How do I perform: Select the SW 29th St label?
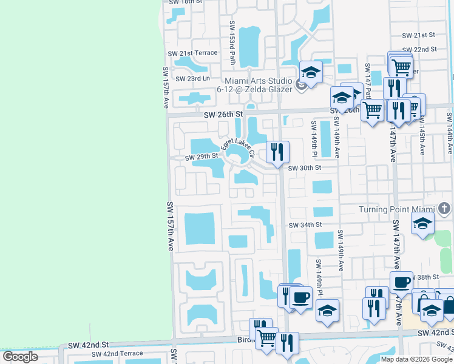pyautogui.click(x=202, y=157)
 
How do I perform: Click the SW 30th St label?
pyautogui.click(x=303, y=168)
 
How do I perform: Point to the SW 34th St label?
pyautogui.click(x=305, y=225)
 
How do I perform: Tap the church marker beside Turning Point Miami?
pyautogui.click(x=444, y=209)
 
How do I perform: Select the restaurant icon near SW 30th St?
pyautogui.click(x=278, y=150)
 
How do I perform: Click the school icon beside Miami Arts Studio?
pyautogui.click(x=311, y=73)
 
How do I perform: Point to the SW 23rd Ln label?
pyautogui.click(x=192, y=79)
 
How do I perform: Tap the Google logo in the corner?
pyautogui.click(x=20, y=356)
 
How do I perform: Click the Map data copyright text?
pyautogui.click(x=417, y=359)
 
